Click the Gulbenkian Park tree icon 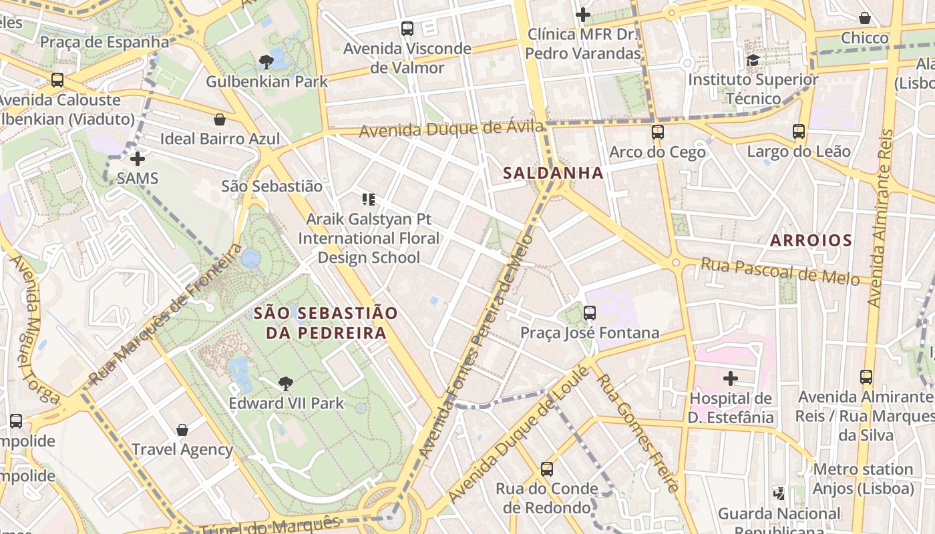coord(266,63)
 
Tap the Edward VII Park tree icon coord(286,384)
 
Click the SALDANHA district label coord(553,173)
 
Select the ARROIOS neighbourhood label coord(811,240)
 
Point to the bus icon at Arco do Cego coord(658,132)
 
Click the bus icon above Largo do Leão coord(799,131)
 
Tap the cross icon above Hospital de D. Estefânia coord(731,379)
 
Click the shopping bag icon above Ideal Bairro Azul coord(220,119)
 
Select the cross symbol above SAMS coord(138,159)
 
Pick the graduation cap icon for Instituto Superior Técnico coord(753,60)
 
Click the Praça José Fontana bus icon coord(589,313)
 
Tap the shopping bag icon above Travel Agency coord(182,430)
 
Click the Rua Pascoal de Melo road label coord(779,271)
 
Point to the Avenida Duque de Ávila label coord(451,128)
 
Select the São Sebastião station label coord(271,186)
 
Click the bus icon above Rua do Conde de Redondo coord(547,469)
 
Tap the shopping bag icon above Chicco coord(865,18)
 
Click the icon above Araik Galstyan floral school coord(368,199)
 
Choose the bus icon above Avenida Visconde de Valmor coord(407,29)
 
